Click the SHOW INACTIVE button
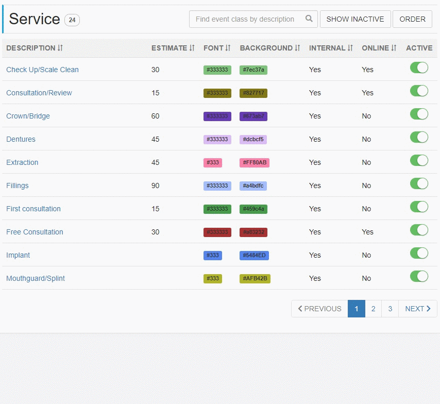point(355,19)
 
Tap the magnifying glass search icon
point(309,19)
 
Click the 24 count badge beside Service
point(72,20)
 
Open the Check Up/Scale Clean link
point(42,70)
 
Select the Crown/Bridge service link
point(28,116)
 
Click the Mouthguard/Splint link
point(36,278)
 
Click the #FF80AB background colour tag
point(255,163)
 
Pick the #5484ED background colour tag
point(254,256)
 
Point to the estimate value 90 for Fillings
point(155,186)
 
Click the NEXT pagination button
point(417,309)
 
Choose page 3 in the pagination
point(390,309)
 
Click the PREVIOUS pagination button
point(319,309)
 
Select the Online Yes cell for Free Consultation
point(367,232)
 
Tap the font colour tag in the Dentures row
point(217,140)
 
